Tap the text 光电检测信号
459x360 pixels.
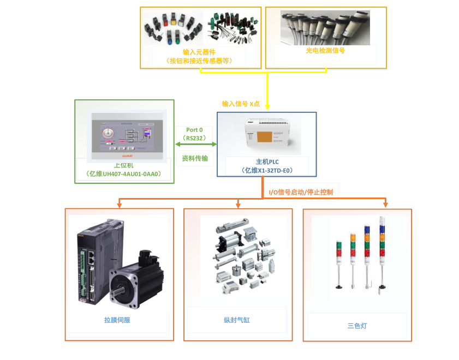[326, 50]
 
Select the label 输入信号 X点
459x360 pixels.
[241, 104]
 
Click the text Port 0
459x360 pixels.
[195, 130]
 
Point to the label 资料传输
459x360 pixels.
[195, 158]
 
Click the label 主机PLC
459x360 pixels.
[267, 162]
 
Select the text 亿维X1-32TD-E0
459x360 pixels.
[267, 171]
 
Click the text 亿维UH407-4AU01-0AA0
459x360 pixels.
[124, 174]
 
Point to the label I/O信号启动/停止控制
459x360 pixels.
[301, 192]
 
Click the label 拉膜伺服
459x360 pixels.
[117, 320]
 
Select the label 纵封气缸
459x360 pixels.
[237, 320]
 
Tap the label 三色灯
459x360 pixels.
[357, 326]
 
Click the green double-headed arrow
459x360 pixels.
[195, 145]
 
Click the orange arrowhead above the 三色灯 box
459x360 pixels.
[386, 204]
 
